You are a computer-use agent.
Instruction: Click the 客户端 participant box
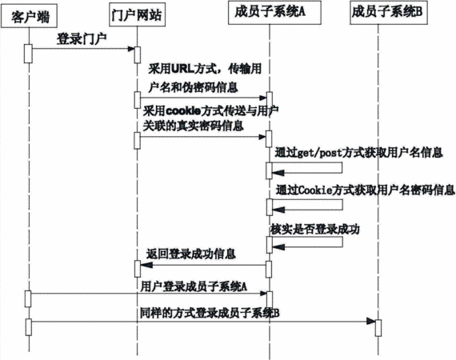(29, 17)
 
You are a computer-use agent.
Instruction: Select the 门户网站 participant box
(137, 14)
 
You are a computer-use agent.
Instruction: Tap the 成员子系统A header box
(274, 13)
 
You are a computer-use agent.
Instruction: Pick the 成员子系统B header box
(389, 13)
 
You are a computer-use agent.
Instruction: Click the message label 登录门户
(82, 39)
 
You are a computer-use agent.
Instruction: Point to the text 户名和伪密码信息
(193, 87)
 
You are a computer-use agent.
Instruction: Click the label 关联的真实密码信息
(193, 126)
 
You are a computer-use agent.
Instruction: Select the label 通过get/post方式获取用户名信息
(359, 152)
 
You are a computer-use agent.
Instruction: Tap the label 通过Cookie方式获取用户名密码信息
(365, 190)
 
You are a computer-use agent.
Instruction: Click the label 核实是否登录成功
(315, 229)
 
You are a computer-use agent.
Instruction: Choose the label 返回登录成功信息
(190, 254)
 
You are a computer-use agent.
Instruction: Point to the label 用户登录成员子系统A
(194, 286)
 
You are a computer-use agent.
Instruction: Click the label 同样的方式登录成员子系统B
(210, 313)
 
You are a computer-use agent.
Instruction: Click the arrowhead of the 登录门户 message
(131, 49)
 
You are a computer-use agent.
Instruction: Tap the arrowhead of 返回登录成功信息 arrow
(146, 265)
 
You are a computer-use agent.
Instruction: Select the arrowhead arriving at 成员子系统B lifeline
(371, 322)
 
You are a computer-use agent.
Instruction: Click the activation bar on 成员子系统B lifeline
(378, 328)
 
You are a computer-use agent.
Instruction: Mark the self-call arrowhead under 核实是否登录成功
(278, 247)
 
